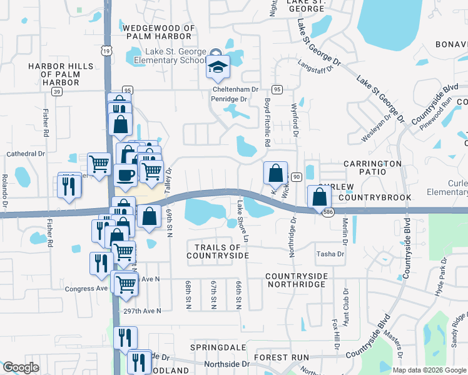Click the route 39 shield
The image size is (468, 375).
click(56, 91)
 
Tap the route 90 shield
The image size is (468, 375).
click(297, 177)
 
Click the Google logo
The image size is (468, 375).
click(21, 367)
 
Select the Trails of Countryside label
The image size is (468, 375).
click(218, 251)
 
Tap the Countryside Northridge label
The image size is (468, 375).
click(295, 279)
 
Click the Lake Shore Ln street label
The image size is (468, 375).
click(242, 221)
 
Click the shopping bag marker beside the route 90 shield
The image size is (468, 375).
click(275, 174)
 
